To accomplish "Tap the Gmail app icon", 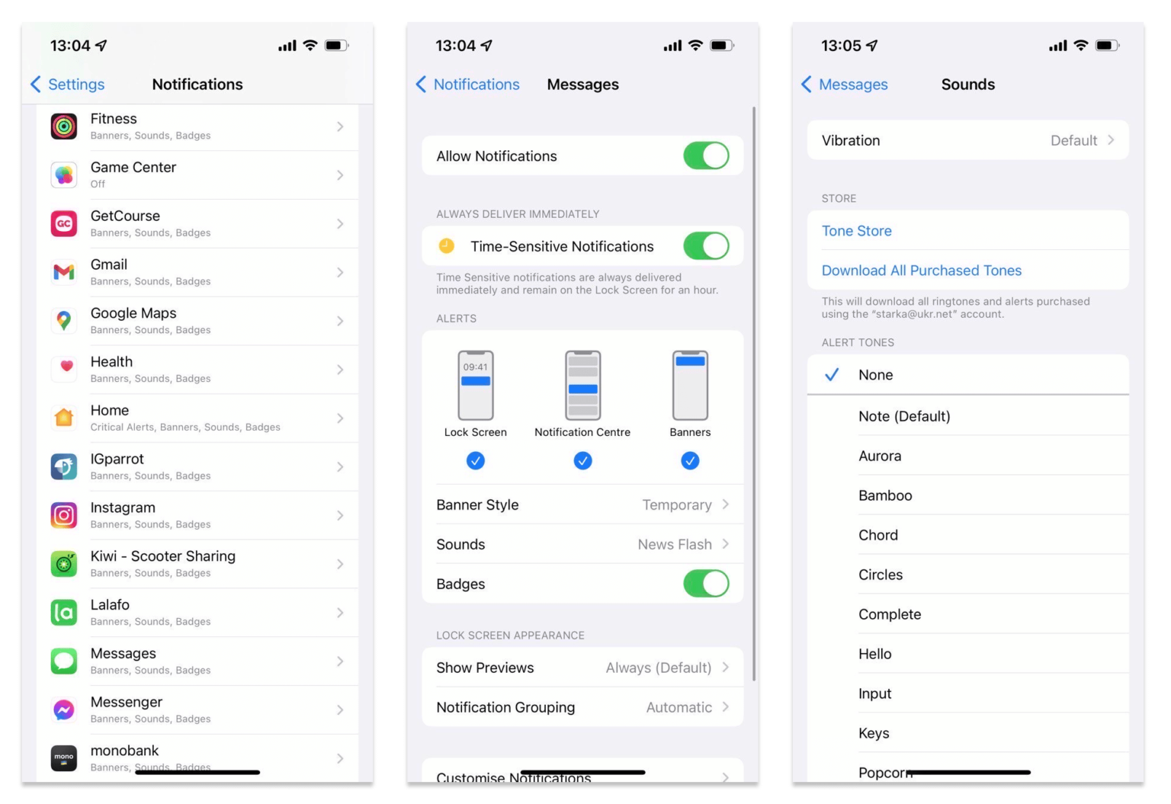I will pos(64,272).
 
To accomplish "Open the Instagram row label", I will pos(123,508).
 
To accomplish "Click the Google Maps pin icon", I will pos(64,321).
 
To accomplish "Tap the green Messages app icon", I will pos(64,661).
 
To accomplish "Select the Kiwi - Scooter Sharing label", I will pos(162,556).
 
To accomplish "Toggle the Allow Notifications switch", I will pos(706,156).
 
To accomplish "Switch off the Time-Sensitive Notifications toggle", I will pos(706,246).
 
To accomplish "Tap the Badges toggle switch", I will pos(706,584).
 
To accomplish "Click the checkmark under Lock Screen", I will pos(476,460).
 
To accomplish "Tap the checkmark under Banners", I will pos(690,460).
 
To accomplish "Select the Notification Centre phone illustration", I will pos(582,386).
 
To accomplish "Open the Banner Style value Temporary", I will pos(677,505).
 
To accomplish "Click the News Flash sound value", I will pos(675,544).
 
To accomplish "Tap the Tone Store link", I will pos(856,231).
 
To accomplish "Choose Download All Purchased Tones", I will pos(921,271).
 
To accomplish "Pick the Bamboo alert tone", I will pos(885,495).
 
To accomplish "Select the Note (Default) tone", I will pos(904,416).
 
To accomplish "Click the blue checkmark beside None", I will pos(832,375).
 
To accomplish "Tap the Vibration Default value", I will pos(1073,140).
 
